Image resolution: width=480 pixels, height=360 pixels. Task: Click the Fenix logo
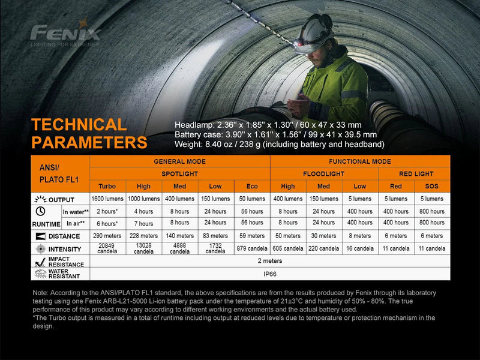pyautogui.click(x=65, y=32)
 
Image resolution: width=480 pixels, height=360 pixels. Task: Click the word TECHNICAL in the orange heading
pyautogui.click(x=79, y=125)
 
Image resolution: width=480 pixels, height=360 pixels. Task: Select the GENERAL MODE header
pyautogui.click(x=180, y=161)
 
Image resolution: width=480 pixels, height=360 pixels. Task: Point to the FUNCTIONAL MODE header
pyautogui.click(x=360, y=161)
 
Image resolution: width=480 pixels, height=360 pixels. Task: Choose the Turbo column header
pyautogui.click(x=107, y=186)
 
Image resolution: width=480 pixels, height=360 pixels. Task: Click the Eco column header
pyautogui.click(x=252, y=186)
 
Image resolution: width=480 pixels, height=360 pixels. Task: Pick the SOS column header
pyautogui.click(x=432, y=186)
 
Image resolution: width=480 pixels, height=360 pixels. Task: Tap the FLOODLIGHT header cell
pyautogui.click(x=324, y=173)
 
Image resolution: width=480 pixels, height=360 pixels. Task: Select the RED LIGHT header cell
pyautogui.click(x=414, y=173)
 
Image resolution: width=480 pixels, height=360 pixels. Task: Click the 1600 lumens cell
pyautogui.click(x=107, y=199)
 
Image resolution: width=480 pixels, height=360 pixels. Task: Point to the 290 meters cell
pyautogui.click(x=107, y=236)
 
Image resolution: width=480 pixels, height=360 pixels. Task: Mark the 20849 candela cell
pyautogui.click(x=107, y=248)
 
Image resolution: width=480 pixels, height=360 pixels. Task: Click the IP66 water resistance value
pyautogui.click(x=269, y=274)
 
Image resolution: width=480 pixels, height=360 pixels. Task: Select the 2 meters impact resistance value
pyautogui.click(x=269, y=261)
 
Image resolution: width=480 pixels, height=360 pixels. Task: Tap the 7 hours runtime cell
pyautogui.click(x=143, y=224)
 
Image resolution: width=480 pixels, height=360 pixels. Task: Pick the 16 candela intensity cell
pyautogui.click(x=359, y=248)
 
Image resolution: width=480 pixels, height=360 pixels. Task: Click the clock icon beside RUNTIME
pyautogui.click(x=41, y=211)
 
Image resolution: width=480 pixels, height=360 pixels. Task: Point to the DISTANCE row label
pyautogui.click(x=64, y=236)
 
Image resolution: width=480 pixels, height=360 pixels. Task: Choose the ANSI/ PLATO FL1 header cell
pyautogui.click(x=60, y=173)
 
